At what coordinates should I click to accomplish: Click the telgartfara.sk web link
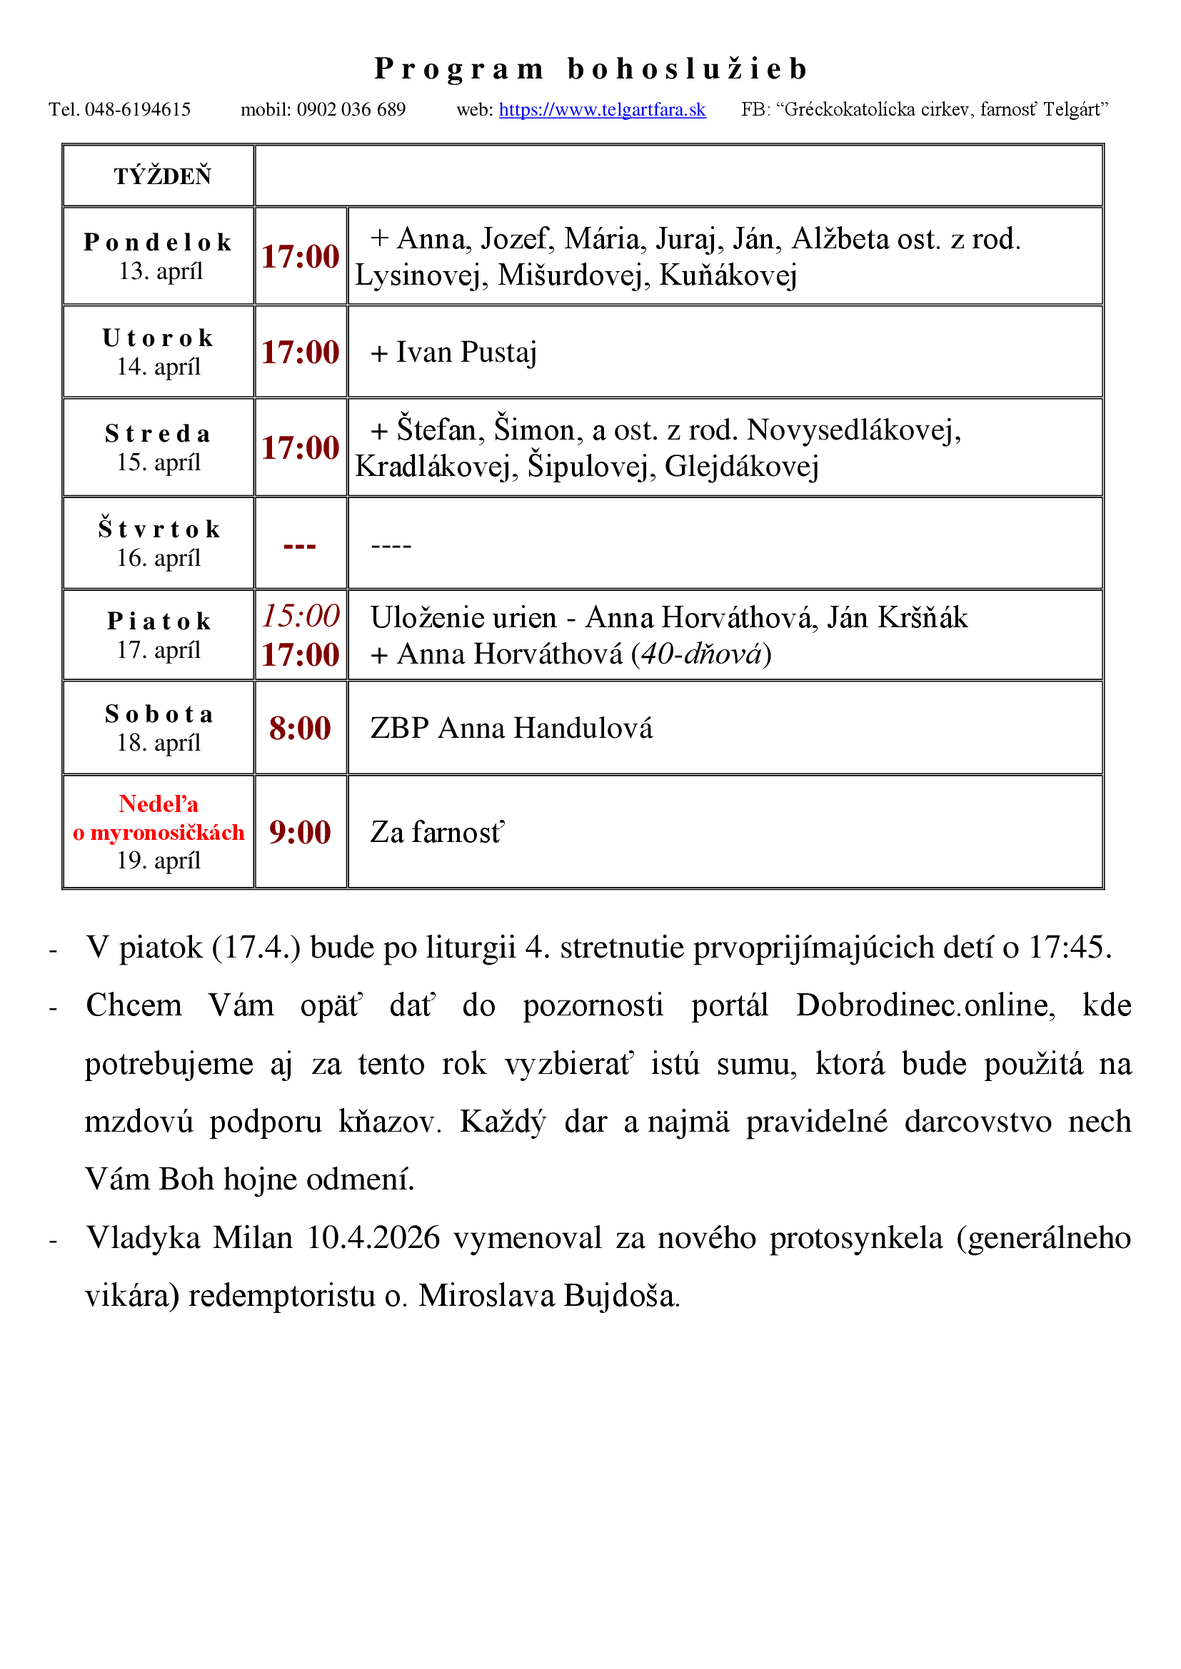click(602, 110)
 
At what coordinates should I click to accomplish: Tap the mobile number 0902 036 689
click(351, 110)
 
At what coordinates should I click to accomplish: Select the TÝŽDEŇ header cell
click(162, 176)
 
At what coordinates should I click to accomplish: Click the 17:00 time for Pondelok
click(301, 257)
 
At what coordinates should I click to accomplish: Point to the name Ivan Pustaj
click(466, 352)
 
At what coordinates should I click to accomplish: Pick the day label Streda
click(159, 434)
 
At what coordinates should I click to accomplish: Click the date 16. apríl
click(159, 558)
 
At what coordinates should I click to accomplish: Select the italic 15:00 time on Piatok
click(301, 616)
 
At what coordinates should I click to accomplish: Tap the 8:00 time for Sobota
click(300, 729)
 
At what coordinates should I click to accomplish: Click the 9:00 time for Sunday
click(300, 833)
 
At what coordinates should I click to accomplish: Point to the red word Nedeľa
click(159, 804)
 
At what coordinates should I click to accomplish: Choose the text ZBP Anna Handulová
click(511, 729)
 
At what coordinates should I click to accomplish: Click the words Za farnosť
click(436, 833)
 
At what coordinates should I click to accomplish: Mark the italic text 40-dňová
click(701, 654)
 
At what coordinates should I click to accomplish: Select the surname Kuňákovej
click(728, 276)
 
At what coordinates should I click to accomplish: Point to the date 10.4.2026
click(373, 1238)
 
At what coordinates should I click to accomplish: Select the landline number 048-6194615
click(137, 110)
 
